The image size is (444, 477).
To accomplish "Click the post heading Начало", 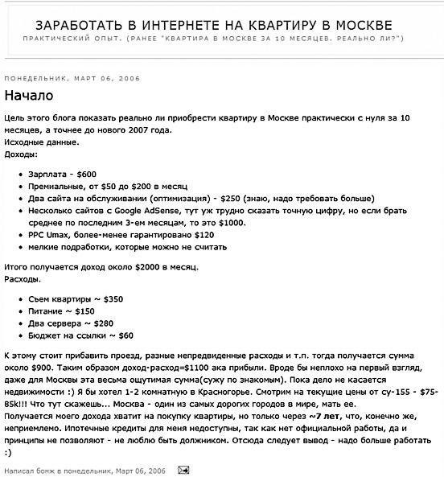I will click(29, 96).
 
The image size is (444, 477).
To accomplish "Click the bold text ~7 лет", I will click(324, 417).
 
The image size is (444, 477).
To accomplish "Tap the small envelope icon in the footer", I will click(183, 469).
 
